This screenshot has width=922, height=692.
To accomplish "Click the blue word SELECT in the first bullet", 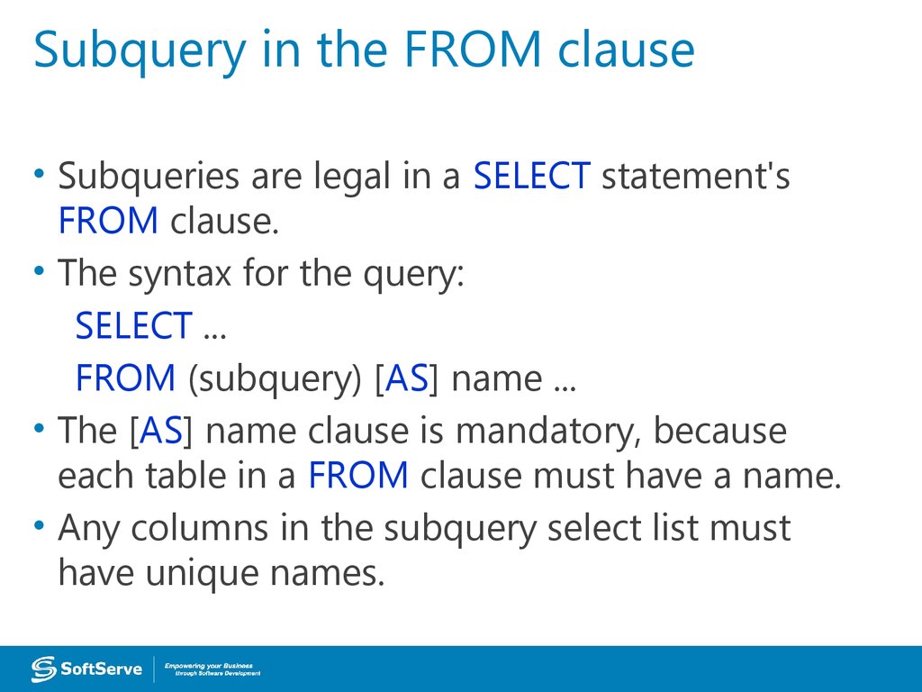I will tap(531, 176).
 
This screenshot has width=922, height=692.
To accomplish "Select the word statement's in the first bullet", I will tap(695, 176).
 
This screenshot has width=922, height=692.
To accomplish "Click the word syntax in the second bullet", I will tap(182, 274).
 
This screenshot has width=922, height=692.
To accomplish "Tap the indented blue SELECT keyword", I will tap(133, 325).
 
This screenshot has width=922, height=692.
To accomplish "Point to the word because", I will tap(719, 431).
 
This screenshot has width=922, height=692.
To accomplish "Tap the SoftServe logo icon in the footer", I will tap(44, 669).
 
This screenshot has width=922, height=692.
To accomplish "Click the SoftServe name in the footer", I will tap(102, 669).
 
